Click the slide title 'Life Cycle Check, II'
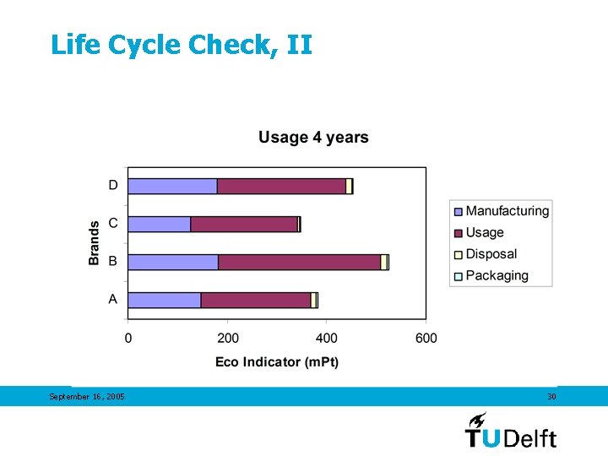pos(182,45)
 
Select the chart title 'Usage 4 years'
pos(313,138)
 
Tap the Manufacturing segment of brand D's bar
pos(172,187)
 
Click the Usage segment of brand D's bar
pos(281,187)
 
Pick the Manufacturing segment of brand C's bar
pos(160,224)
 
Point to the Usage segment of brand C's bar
pos(244,224)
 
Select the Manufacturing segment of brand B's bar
pos(173,262)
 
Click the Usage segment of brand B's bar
pos(299,262)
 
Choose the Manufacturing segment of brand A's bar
pos(165,300)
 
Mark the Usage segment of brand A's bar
pos(256,300)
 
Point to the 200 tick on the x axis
pos(228,339)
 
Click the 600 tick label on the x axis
pos(426,339)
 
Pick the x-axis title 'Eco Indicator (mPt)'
pos(277,361)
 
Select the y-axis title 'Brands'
pos(94,243)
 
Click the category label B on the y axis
pos(112,262)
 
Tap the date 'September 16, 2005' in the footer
pos(87,397)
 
